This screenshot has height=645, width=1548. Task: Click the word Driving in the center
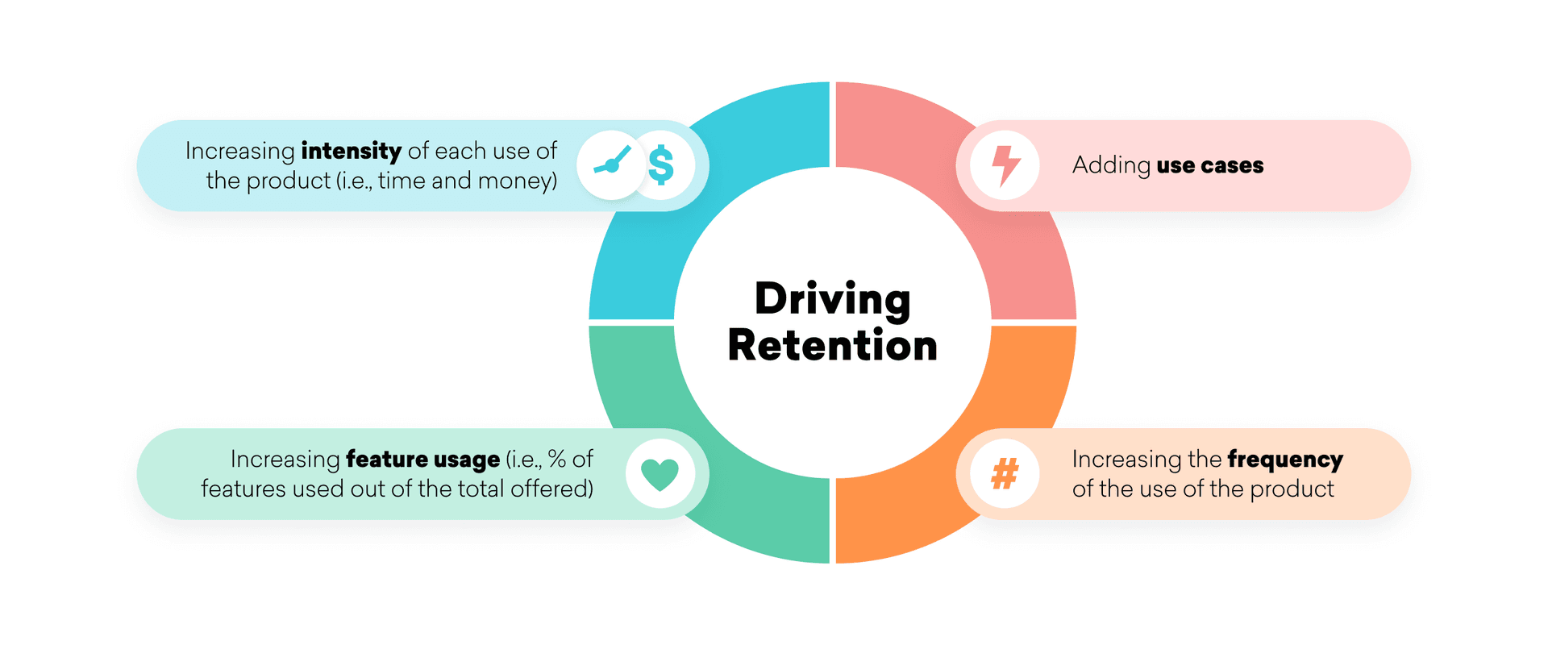click(832, 300)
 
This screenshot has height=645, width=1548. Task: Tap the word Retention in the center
click(832, 346)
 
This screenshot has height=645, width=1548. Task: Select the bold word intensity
click(351, 152)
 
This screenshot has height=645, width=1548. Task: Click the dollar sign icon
click(661, 165)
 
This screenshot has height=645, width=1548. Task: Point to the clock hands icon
click(612, 163)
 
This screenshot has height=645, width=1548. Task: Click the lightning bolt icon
click(1005, 165)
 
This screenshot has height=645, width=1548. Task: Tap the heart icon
click(660, 474)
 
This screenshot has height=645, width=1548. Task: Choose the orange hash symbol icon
click(1005, 474)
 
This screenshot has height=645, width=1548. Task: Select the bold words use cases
click(1209, 166)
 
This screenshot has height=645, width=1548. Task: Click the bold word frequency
click(1285, 460)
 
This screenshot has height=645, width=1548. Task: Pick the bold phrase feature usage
click(422, 460)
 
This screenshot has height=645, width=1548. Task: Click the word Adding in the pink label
click(1111, 166)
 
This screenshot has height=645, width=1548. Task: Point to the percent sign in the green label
click(556, 459)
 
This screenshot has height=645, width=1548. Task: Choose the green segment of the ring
click(637, 387)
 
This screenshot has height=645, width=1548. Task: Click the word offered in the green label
click(551, 489)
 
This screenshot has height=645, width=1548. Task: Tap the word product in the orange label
click(1292, 489)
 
